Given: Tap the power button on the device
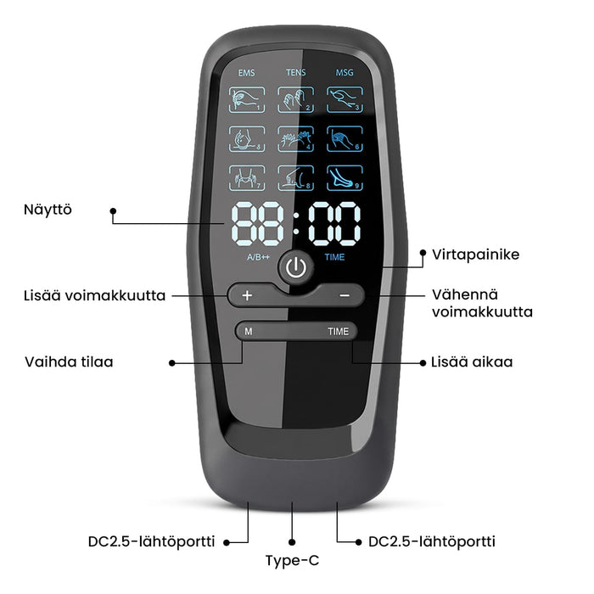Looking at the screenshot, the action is (x=296, y=267).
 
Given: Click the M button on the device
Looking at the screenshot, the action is (x=249, y=332).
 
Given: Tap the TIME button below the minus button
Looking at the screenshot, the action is (x=338, y=332).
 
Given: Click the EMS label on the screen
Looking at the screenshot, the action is (x=247, y=73).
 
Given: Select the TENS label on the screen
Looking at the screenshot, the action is (x=296, y=72).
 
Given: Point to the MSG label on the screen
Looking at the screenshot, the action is (x=345, y=72).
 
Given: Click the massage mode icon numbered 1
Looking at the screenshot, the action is (x=247, y=99).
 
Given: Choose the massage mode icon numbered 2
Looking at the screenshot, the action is (x=296, y=99).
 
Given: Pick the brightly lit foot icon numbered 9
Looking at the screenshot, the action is (x=345, y=178).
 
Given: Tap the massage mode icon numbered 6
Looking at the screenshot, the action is (x=345, y=139).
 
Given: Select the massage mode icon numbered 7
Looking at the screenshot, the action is (x=247, y=178).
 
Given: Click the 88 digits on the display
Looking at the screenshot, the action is (x=258, y=224).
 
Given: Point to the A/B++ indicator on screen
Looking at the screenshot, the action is (x=258, y=257).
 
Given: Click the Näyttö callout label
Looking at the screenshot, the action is (x=48, y=210).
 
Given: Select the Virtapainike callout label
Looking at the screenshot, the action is (x=476, y=255).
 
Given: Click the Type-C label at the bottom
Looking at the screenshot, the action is (x=292, y=560).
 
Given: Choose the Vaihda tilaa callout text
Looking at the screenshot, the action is (x=69, y=361).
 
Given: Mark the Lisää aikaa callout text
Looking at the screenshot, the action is (x=472, y=361).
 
